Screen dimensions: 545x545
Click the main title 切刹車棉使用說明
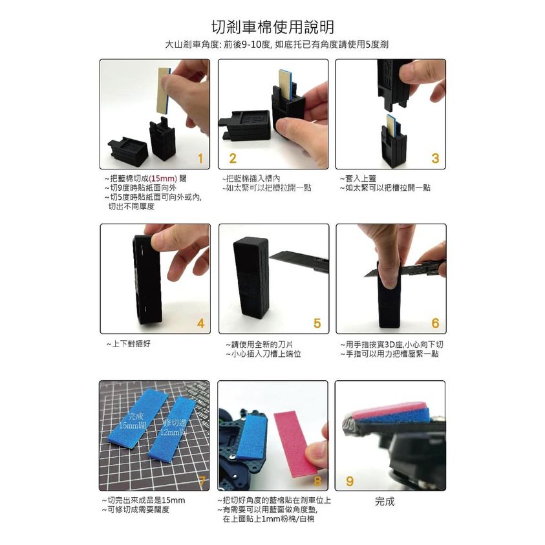pyautogui.click(x=273, y=27)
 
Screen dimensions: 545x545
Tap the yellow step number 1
pyautogui.click(x=200, y=158)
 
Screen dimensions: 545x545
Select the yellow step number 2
pyautogui.click(x=233, y=158)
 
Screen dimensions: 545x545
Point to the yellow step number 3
pyautogui.click(x=435, y=158)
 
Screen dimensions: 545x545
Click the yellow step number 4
pyautogui.click(x=200, y=324)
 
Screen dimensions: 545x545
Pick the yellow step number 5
pyautogui.click(x=317, y=323)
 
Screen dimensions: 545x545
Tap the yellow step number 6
pyautogui.click(x=435, y=323)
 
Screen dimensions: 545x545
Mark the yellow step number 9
pyautogui.click(x=350, y=481)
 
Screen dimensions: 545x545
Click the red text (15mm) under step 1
pyautogui.click(x=163, y=178)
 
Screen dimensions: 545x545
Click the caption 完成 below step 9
pyautogui.click(x=385, y=502)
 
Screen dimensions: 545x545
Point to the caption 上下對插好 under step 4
pyautogui.click(x=128, y=344)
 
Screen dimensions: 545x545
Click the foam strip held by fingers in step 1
pyautogui.click(x=164, y=90)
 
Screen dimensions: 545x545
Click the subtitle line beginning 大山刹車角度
pyautogui.click(x=277, y=45)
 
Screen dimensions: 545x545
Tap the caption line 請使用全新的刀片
pyautogui.click(x=259, y=345)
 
